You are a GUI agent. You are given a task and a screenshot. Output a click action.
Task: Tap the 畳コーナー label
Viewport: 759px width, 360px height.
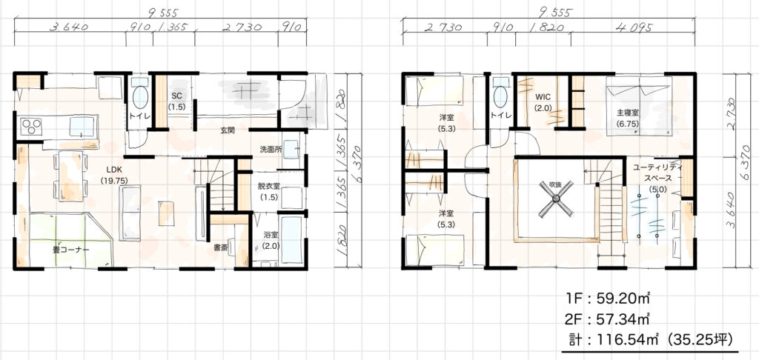(x=70, y=250)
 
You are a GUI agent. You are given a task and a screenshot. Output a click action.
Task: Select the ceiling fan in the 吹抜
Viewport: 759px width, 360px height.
(x=556, y=198)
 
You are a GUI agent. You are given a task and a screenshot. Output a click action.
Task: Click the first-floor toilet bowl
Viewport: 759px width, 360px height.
(x=140, y=97)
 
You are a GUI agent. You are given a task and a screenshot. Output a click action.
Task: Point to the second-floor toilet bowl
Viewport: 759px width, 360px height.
(x=500, y=96)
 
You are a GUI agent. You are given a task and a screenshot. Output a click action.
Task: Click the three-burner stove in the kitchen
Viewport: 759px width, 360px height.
(x=32, y=127)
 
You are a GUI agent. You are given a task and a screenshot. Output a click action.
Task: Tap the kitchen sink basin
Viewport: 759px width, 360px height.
(x=82, y=127)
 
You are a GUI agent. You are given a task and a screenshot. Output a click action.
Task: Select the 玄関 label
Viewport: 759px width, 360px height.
(x=227, y=130)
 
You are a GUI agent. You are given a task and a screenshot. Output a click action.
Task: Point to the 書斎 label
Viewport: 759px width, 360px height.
(x=220, y=247)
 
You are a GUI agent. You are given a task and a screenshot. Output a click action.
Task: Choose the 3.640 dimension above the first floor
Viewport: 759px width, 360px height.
(x=69, y=27)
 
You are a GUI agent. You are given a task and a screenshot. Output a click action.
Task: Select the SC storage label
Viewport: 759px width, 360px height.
(x=176, y=101)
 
